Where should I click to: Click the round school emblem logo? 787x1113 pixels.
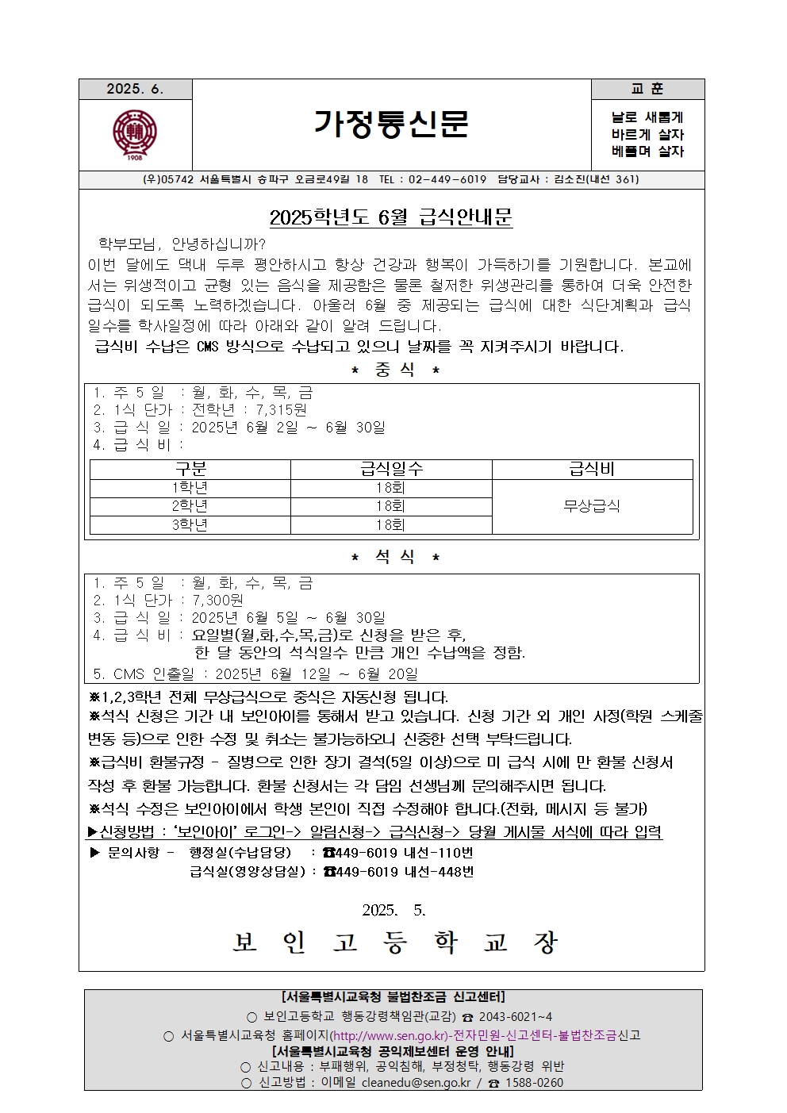click(x=135, y=134)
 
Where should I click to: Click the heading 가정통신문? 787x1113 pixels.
click(x=391, y=124)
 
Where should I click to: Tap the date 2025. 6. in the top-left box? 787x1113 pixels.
click(x=135, y=90)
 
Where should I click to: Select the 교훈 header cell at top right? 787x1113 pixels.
click(x=647, y=90)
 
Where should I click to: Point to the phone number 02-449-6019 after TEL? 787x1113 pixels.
click(x=447, y=179)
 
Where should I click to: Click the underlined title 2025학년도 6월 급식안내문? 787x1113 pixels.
click(x=391, y=217)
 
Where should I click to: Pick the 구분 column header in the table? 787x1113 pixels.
click(x=190, y=470)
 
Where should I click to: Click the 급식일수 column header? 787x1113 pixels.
click(x=391, y=470)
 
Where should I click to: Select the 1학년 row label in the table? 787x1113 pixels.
click(x=190, y=488)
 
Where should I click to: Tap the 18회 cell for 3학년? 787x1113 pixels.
click(x=391, y=524)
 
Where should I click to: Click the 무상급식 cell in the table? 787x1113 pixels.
click(x=592, y=506)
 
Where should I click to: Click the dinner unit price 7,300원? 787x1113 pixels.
click(x=218, y=601)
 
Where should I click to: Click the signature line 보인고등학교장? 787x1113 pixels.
click(x=395, y=942)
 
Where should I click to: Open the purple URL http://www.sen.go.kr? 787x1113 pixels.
click(x=387, y=1035)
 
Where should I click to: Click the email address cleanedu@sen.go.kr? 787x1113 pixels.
click(x=416, y=1083)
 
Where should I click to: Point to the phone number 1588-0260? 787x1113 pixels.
click(x=535, y=1083)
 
